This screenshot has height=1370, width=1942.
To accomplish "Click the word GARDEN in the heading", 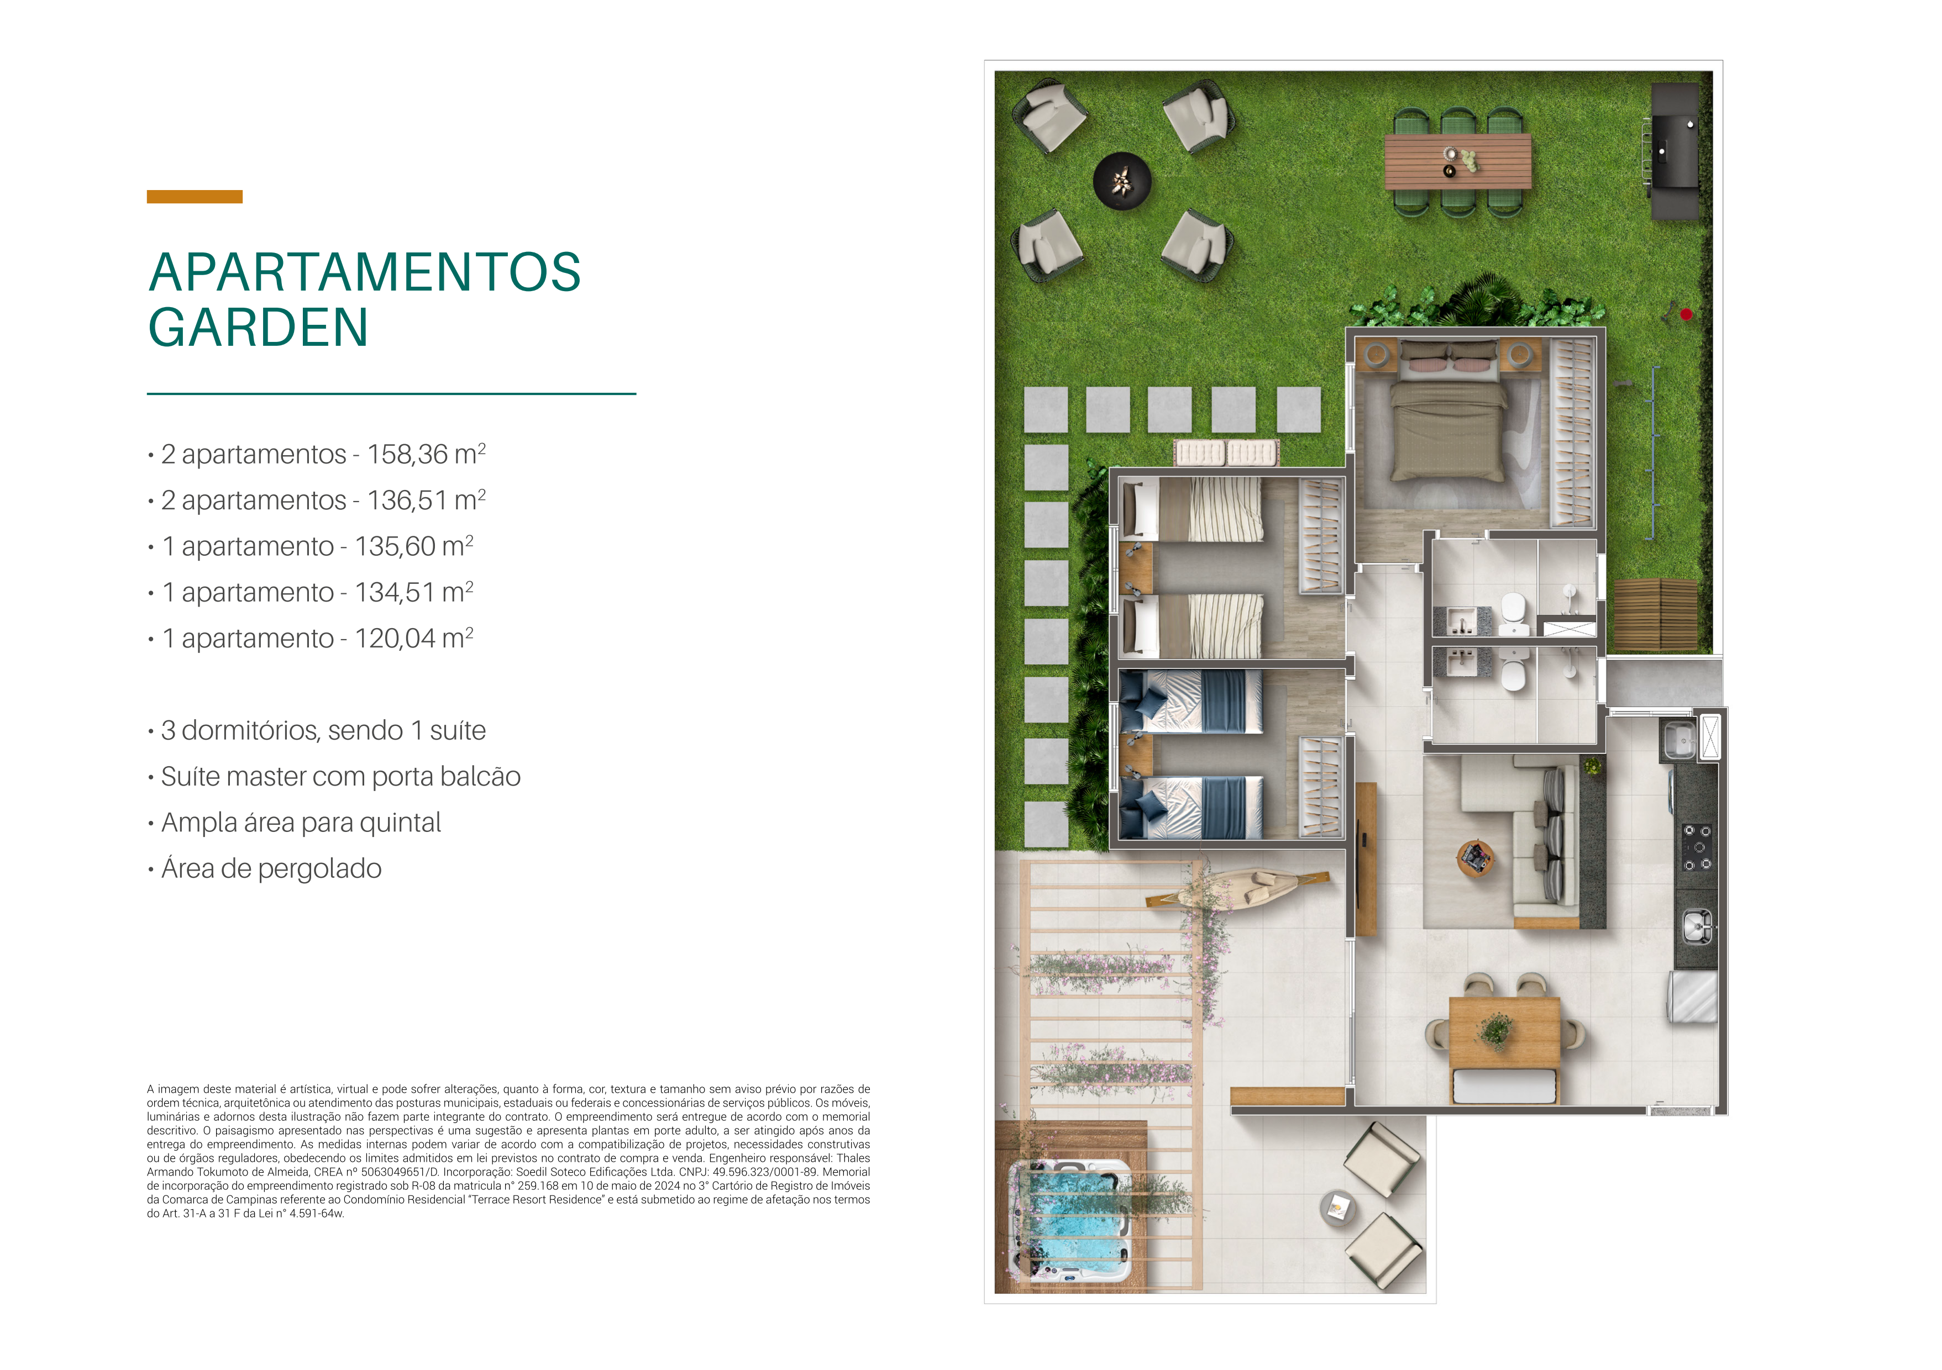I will coord(258,328).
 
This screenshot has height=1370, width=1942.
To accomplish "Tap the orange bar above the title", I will coord(195,197).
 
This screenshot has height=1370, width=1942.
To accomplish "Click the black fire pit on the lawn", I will coord(1122,180).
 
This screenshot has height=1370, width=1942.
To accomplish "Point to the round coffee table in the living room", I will coord(1476,858).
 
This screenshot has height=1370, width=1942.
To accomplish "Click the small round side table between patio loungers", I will coord(1337,1208).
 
